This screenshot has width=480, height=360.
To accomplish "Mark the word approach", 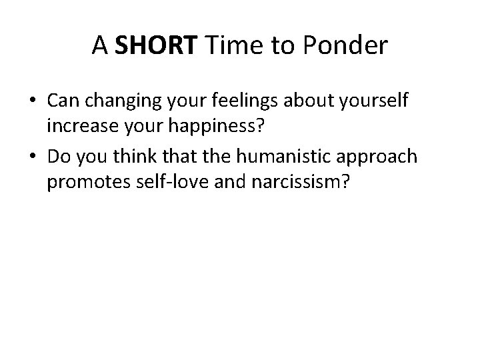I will tap(383, 157).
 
